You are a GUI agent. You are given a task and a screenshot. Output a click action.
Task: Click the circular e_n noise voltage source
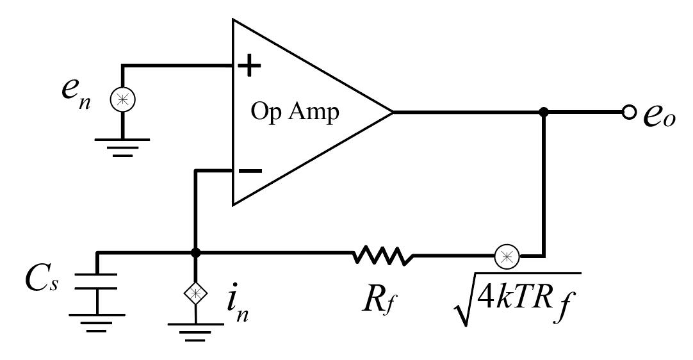(122, 100)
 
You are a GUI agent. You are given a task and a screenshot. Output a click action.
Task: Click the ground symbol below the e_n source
(122, 145)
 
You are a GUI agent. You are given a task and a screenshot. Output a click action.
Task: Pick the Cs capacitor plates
(97, 281)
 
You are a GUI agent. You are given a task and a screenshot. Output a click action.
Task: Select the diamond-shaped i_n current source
(196, 293)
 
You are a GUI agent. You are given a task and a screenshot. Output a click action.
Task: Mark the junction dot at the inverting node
(196, 254)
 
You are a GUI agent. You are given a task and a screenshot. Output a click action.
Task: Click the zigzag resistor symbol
(382, 256)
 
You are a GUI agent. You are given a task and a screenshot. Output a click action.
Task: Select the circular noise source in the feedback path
(506, 256)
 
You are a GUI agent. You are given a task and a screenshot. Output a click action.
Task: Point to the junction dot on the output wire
(544, 112)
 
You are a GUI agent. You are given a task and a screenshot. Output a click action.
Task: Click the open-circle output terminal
(629, 112)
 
